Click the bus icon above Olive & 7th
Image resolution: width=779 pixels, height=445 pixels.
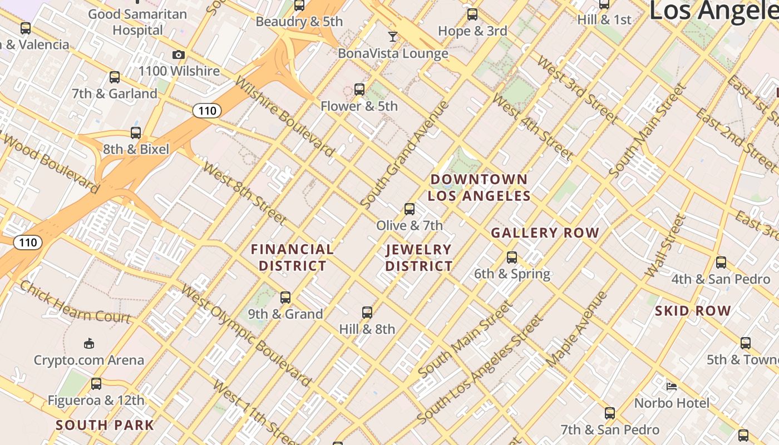(410, 209)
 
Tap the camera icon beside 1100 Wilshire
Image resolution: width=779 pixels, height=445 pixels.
(178, 55)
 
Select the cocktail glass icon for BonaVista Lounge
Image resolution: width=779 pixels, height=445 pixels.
(393, 37)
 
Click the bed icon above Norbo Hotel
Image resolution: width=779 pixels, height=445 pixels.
(672, 386)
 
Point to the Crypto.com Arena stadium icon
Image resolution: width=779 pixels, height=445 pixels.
(88, 343)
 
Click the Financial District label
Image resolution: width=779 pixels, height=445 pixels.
(292, 258)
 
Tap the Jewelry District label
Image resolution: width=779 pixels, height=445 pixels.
(418, 258)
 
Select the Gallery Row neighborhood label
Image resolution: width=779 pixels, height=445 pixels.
(545, 233)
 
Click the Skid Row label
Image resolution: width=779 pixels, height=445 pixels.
(693, 311)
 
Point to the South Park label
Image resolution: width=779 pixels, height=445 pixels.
(105, 426)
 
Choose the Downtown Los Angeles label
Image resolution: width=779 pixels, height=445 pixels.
(479, 187)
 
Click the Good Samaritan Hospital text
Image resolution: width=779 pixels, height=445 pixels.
(137, 22)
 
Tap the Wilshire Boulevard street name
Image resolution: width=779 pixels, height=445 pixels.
(284, 116)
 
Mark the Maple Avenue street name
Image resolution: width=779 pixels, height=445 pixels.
(576, 329)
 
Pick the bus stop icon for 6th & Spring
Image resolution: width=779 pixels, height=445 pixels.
(512, 258)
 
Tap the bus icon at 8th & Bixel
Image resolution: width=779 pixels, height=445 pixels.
(136, 133)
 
